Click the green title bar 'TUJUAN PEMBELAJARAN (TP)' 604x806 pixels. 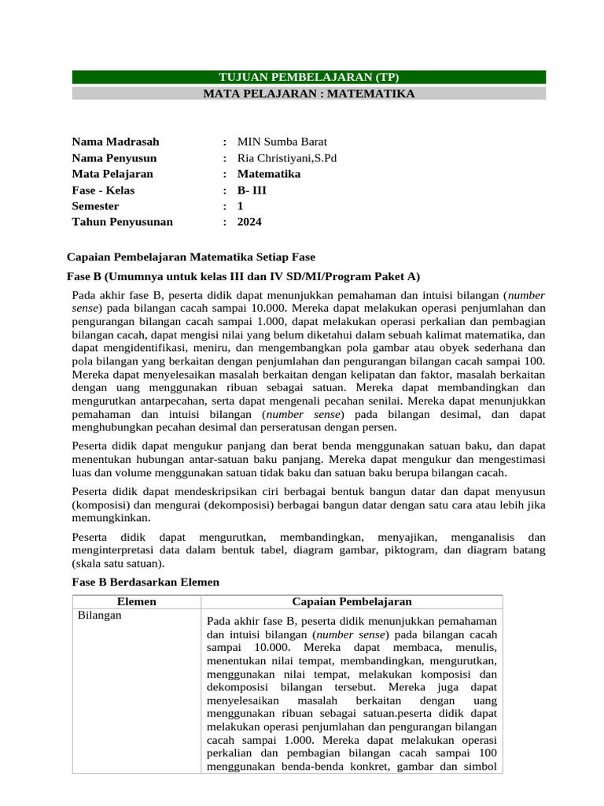308,77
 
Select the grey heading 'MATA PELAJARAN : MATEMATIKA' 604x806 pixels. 308,94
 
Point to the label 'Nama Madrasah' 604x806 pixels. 116,142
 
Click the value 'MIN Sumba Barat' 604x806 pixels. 277,142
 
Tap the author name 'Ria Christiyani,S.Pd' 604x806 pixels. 287,158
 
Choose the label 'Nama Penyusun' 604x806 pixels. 115,158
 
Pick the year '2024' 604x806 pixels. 249,222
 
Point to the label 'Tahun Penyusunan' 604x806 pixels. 122,222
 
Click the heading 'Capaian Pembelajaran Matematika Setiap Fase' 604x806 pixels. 191,257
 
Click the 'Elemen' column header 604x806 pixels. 136,602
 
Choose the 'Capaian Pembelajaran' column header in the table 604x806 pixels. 352,602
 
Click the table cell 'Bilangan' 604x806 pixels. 99,616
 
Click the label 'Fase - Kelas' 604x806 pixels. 103,190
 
